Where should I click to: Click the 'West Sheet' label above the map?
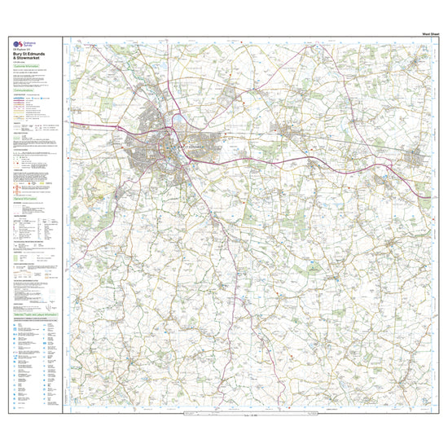(419, 33)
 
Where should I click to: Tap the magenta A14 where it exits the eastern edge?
(428, 198)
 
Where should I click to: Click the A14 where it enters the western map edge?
(71, 123)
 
